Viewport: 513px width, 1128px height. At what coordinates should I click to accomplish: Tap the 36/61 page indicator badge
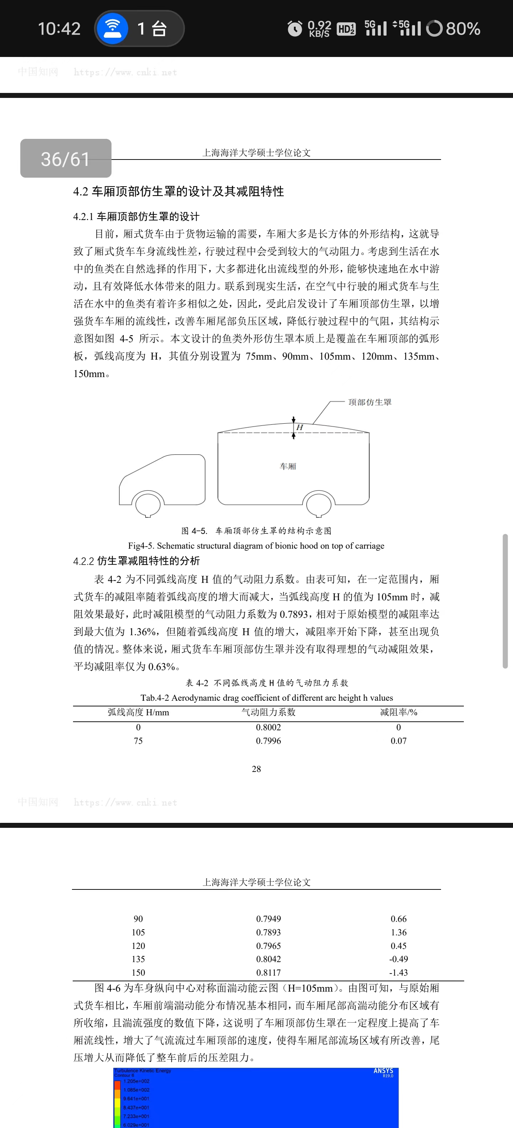(x=66, y=158)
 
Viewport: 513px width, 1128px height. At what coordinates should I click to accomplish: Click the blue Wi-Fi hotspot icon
(x=113, y=28)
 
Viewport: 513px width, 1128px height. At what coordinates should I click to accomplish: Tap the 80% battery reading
(x=463, y=29)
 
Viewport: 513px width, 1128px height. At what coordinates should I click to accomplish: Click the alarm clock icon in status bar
(x=294, y=29)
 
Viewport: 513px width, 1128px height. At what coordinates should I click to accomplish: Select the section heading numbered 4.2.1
(x=136, y=216)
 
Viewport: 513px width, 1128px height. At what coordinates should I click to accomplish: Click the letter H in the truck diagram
(x=300, y=427)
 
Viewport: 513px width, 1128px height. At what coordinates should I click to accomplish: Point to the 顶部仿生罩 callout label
(x=370, y=402)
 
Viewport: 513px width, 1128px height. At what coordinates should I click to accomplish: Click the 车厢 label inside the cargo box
(x=288, y=466)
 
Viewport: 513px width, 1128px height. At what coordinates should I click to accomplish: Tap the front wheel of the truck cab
(x=148, y=505)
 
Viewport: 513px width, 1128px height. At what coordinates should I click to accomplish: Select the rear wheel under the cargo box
(x=318, y=505)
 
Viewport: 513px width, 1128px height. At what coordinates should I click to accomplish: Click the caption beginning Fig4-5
(x=256, y=545)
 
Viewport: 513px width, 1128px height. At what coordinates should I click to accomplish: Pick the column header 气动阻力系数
(x=268, y=712)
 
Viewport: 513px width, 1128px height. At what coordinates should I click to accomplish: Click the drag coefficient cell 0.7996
(x=268, y=741)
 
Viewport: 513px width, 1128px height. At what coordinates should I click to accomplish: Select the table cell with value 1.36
(x=398, y=932)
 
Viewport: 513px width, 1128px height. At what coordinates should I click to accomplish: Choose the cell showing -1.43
(x=398, y=972)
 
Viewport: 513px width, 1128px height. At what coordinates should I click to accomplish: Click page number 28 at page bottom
(x=256, y=769)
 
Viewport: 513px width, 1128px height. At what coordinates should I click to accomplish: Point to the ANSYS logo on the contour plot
(x=383, y=1071)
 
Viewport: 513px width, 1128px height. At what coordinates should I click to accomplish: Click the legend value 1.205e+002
(x=136, y=1081)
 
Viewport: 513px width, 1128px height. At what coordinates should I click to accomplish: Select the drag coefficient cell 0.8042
(x=268, y=959)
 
